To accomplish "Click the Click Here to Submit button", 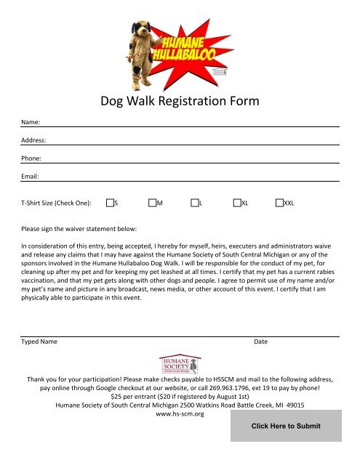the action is [x=285, y=426].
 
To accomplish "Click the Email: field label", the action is [x=31, y=176].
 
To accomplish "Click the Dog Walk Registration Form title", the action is [x=180, y=102].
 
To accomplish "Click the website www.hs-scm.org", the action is [x=180, y=415].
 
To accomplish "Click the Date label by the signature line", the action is [x=261, y=341].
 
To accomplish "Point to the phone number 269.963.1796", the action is [x=251, y=389].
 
